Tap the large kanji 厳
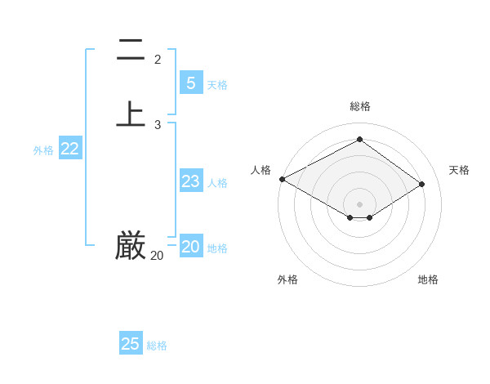tap(131, 245)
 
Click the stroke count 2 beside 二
tap(158, 60)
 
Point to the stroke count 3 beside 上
tap(158, 125)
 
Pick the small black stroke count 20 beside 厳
tap(157, 256)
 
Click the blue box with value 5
tap(190, 83)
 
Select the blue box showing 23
tap(190, 181)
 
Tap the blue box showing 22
tap(70, 149)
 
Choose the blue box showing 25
tap(131, 344)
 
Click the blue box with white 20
tap(190, 247)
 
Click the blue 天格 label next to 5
tap(217, 85)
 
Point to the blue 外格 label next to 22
tap(43, 150)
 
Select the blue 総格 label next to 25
tap(157, 346)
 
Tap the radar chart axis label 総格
tap(360, 106)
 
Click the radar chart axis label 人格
tap(261, 170)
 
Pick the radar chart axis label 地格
tap(428, 279)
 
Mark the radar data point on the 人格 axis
tap(282, 179)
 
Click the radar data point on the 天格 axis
tap(422, 184)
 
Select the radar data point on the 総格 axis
tap(359, 140)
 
